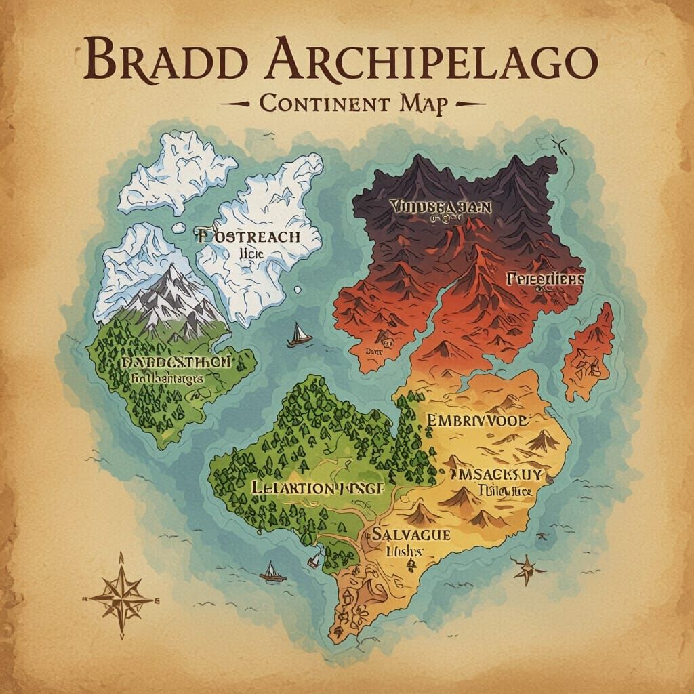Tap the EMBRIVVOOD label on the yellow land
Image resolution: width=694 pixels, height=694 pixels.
click(478, 420)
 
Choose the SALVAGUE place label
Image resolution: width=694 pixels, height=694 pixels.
click(411, 535)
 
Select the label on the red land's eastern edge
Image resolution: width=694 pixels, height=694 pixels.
click(544, 279)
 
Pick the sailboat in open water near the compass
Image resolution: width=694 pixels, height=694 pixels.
click(270, 571)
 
